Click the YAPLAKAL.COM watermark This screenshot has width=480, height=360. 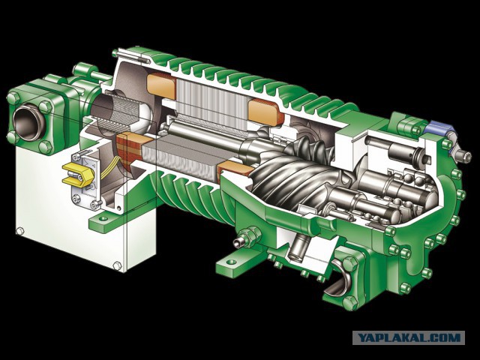tap(409, 337)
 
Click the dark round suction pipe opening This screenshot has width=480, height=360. tap(28, 121)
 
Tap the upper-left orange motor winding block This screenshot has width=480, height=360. tap(161, 85)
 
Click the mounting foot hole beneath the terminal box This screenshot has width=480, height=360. tap(104, 219)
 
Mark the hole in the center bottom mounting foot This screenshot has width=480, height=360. tap(232, 262)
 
